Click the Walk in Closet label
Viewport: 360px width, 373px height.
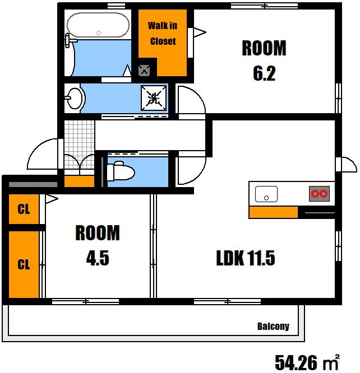[163, 33]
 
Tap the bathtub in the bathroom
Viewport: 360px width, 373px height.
[98, 25]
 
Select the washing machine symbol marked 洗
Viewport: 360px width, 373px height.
[154, 98]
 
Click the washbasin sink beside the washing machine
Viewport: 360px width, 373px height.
[75, 98]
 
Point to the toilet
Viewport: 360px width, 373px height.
[121, 171]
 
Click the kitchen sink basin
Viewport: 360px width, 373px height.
[266, 194]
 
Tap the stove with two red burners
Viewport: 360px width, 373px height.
[319, 194]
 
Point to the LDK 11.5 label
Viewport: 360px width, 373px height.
[246, 258]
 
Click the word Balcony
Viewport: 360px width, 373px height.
[273, 326]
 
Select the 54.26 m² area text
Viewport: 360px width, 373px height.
[307, 362]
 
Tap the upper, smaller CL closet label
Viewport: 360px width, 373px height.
[24, 209]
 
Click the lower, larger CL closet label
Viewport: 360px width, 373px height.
[24, 264]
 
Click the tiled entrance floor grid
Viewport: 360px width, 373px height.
[79, 144]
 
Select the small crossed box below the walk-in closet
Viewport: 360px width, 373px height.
[144, 71]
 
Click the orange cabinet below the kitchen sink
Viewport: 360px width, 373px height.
[274, 212]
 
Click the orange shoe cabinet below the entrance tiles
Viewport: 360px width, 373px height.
[79, 181]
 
